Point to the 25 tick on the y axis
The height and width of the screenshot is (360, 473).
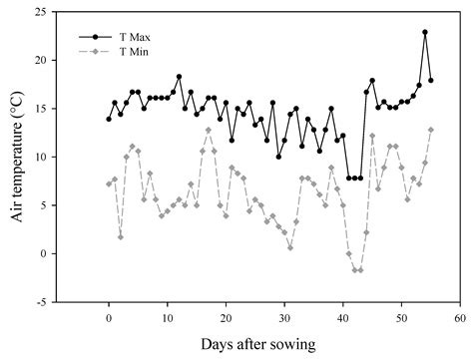(x=41, y=12)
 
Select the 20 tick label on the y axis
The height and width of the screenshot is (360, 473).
(x=41, y=61)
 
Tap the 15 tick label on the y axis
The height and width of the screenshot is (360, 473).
(x=41, y=109)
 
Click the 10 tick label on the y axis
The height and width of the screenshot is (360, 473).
(x=41, y=158)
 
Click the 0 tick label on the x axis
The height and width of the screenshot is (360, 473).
(x=109, y=316)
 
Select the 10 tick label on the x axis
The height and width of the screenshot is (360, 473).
(x=167, y=316)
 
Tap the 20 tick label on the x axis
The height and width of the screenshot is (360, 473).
(x=226, y=316)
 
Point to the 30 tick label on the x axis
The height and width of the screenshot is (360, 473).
(x=284, y=316)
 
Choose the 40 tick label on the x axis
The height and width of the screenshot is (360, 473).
(x=343, y=316)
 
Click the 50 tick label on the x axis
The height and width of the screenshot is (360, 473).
(x=401, y=316)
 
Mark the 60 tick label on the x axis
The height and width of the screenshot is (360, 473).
(x=460, y=316)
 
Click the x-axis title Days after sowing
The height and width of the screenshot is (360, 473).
(x=257, y=344)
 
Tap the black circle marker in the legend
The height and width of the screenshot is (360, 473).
(x=95, y=36)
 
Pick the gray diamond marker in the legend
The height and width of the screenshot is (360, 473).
(x=95, y=51)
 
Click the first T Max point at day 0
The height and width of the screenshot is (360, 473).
(x=109, y=120)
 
